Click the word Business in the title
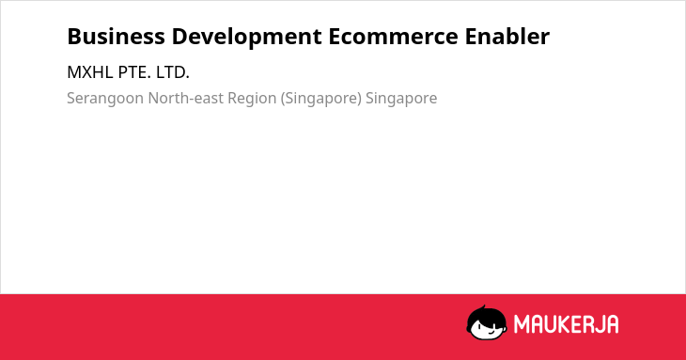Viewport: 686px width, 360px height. [116, 37]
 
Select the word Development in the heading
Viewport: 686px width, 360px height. [247, 38]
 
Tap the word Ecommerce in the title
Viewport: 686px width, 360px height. [394, 37]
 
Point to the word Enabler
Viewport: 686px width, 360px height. [507, 37]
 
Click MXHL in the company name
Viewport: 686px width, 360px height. [90, 72]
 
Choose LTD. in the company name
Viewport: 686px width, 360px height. [173, 72]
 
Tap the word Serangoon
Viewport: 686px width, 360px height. [105, 99]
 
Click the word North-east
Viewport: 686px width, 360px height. [185, 98]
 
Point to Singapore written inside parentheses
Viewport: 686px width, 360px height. [321, 99]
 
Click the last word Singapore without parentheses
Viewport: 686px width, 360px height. [401, 99]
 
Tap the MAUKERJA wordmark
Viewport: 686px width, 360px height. [566, 324]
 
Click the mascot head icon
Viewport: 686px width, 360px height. [487, 323]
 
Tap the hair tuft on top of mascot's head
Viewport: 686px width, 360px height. [483, 307]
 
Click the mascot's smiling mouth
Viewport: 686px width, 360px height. [490, 333]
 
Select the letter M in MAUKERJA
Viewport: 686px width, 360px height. [522, 324]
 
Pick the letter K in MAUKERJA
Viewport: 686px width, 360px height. [565, 324]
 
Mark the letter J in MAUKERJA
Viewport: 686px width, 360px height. [599, 324]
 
